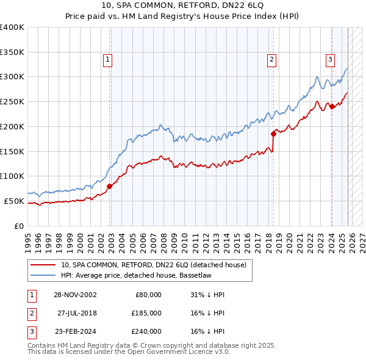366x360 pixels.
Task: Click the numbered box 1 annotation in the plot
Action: tap(107, 60)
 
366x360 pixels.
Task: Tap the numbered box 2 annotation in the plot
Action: tap(271, 60)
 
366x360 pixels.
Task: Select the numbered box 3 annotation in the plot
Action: tap(329, 60)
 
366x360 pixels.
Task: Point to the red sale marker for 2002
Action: tap(110, 186)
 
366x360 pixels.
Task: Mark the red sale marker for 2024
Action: tap(332, 106)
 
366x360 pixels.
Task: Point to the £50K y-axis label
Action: tap(15, 201)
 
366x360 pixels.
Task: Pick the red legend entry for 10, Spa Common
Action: tap(152, 265)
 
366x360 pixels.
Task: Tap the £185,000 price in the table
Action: tap(146, 313)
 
